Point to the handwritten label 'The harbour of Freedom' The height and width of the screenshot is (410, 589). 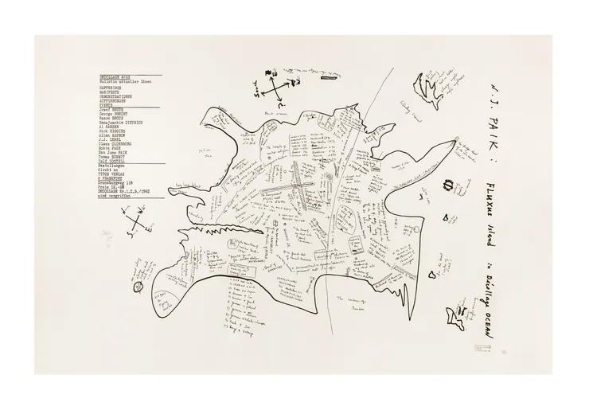tap(356, 301)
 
